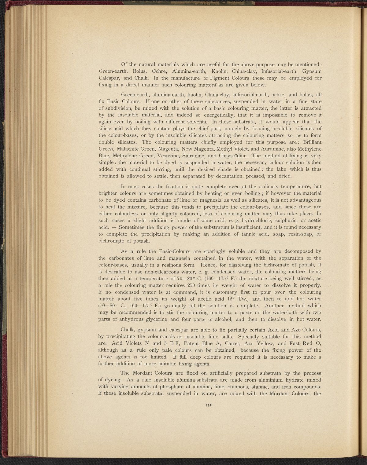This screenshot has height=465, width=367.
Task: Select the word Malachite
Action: pos(130,149)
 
